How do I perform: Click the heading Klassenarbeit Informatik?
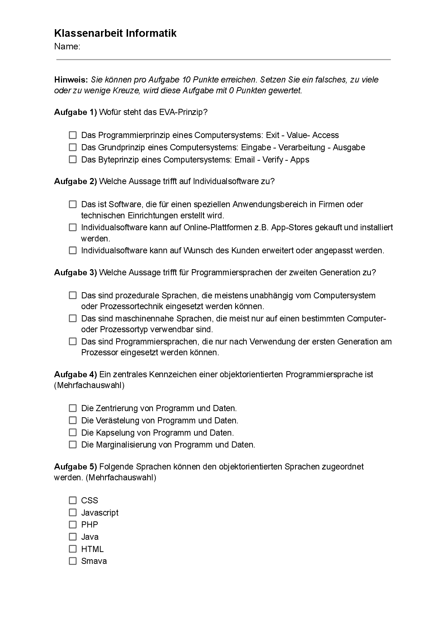[115, 34]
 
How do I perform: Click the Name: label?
[67, 46]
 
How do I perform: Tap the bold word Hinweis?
[71, 80]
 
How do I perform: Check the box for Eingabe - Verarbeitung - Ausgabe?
[73, 147]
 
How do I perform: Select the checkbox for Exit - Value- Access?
[73, 135]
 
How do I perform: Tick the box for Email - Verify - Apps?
[73, 159]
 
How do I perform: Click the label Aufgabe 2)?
[75, 181]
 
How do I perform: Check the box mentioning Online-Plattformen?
[73, 227]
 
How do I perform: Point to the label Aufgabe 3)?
[75, 272]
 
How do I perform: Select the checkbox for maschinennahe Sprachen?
[73, 319]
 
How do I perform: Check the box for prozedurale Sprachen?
[73, 295]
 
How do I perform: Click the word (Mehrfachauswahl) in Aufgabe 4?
[89, 385]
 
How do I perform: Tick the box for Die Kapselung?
[73, 432]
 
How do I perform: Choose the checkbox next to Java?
[73, 537]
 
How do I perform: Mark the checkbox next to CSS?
[73, 500]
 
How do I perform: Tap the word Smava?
[94, 561]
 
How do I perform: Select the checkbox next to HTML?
[73, 549]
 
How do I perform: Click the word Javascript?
[100, 513]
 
